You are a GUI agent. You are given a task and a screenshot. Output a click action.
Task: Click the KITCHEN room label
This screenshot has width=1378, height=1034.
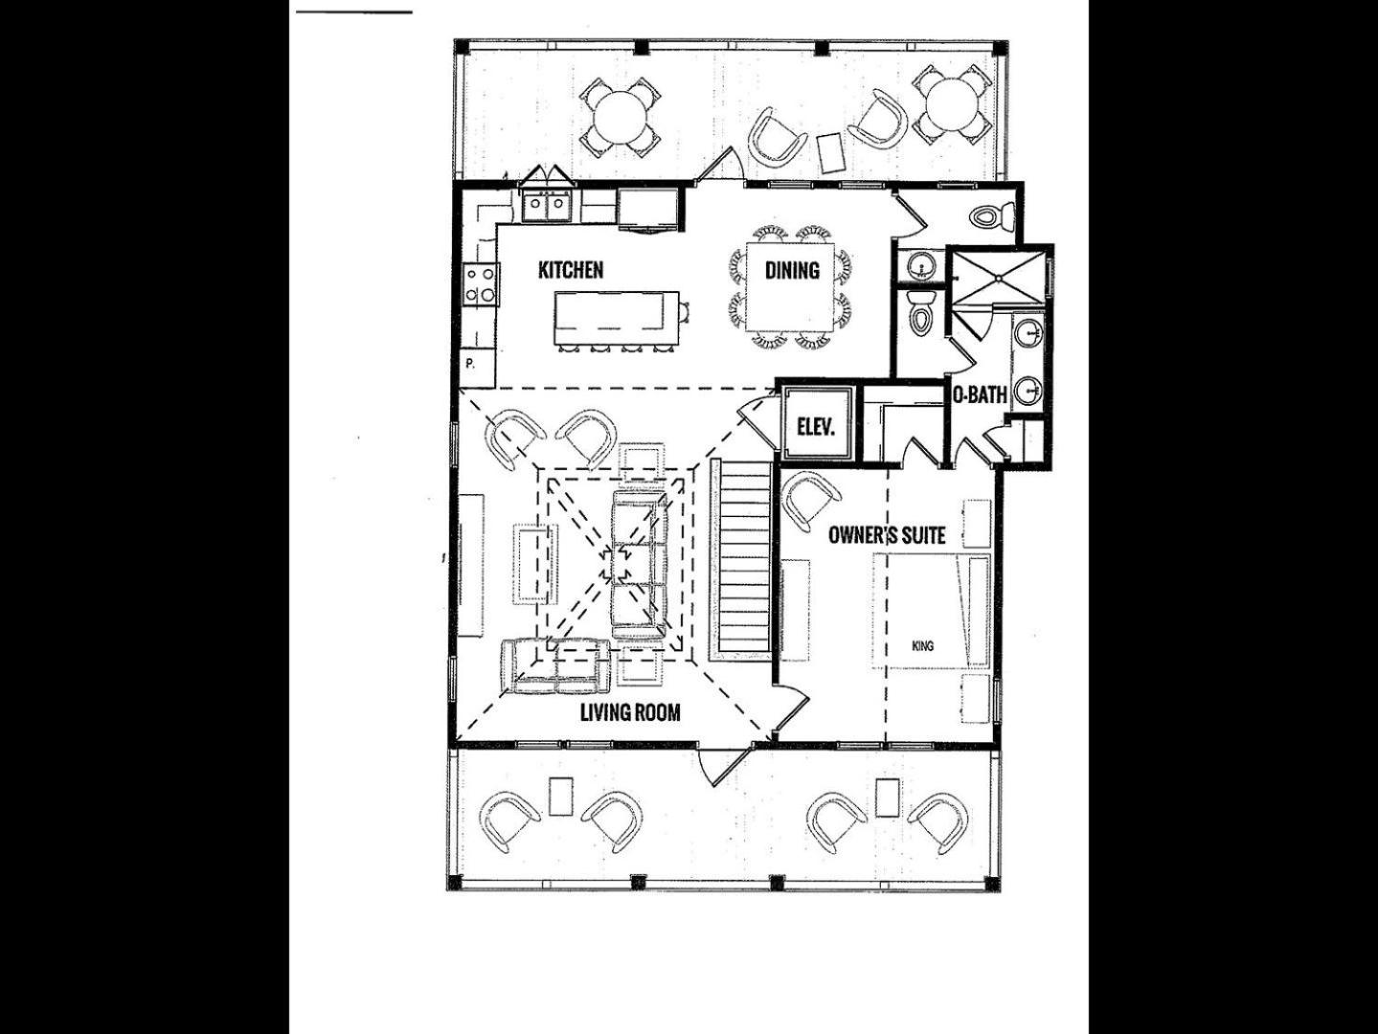[571, 270]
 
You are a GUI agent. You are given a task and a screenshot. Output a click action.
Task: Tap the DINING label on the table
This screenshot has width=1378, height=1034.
[792, 270]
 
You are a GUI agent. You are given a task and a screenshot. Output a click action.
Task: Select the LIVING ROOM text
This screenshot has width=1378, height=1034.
[630, 712]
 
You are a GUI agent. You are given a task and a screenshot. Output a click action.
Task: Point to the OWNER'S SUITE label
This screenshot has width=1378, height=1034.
[887, 535]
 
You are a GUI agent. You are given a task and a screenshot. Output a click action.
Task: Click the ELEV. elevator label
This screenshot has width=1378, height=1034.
[816, 428]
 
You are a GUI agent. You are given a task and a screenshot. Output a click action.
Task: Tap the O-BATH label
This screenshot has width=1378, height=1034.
[980, 394]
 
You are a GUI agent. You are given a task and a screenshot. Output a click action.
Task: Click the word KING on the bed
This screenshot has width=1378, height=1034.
[922, 645]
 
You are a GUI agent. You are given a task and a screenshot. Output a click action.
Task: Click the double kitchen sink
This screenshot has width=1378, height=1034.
[546, 205]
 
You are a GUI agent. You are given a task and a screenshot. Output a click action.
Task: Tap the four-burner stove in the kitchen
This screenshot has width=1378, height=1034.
[481, 285]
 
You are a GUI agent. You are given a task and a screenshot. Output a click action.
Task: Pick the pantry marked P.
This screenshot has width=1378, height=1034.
[477, 369]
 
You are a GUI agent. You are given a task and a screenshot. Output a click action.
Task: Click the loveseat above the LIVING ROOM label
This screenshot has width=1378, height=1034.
[555, 665]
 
